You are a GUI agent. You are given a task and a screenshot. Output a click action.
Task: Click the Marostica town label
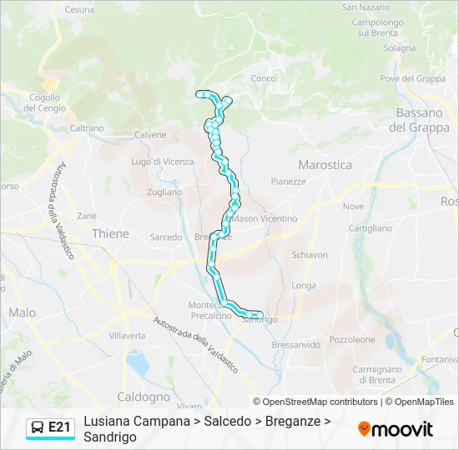[x=325, y=165]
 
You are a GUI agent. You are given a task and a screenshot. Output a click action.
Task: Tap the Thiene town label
[x=110, y=234]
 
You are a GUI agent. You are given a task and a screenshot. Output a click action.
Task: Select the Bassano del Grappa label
[x=419, y=120]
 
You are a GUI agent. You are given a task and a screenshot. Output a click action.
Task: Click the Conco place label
[x=263, y=78]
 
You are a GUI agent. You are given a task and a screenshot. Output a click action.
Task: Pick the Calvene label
[x=150, y=134]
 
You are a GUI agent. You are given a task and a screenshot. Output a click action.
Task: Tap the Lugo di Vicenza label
[x=162, y=162]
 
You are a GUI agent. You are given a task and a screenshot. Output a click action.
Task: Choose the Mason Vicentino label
[x=265, y=218]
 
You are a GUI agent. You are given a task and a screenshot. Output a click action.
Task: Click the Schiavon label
[x=310, y=255]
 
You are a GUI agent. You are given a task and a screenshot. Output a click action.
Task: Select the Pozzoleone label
[x=352, y=339]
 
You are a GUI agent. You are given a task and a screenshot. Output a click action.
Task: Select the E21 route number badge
[x=59, y=427]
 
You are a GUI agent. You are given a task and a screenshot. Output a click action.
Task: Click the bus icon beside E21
[x=38, y=427]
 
